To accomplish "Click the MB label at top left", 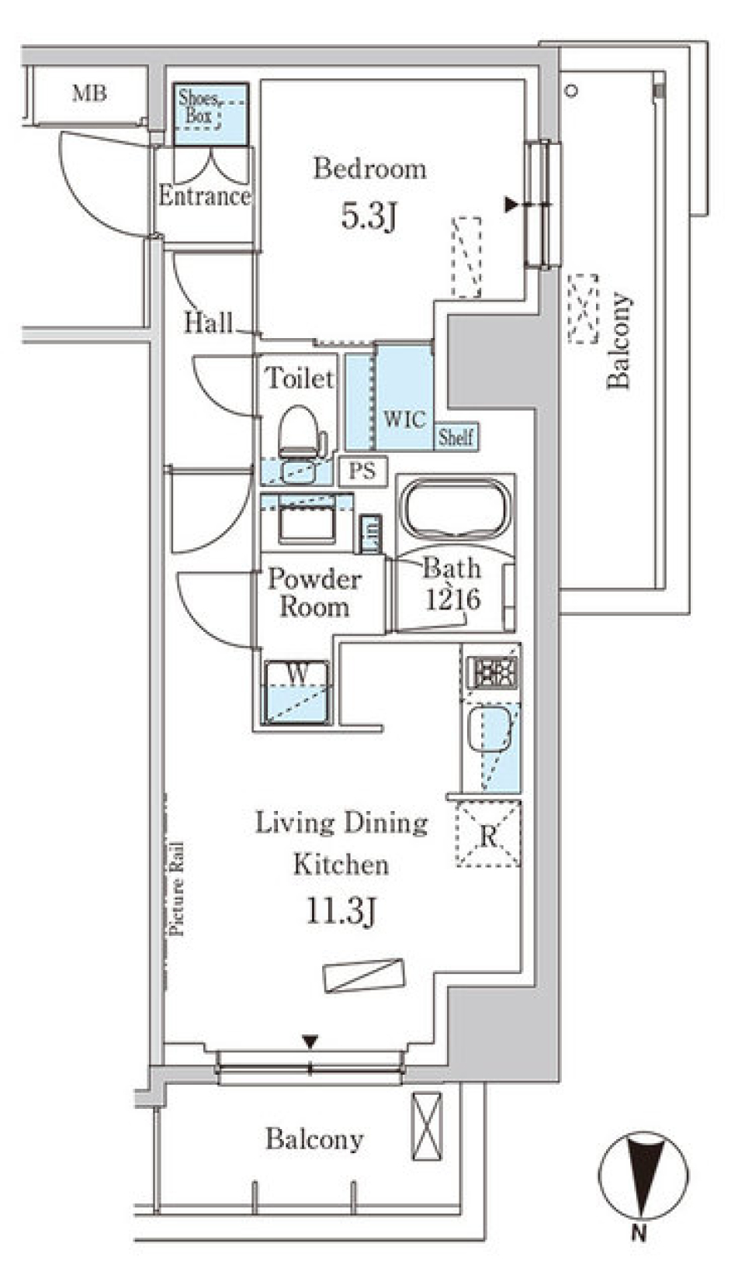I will (89, 93).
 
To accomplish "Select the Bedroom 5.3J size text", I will (369, 216).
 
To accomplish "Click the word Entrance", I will (205, 195).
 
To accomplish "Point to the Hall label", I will (208, 323).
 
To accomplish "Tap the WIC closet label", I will (404, 420).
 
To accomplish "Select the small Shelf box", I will (456, 437).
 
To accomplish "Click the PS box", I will (362, 471).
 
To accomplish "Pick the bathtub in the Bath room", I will (455, 508).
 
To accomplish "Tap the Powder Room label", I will (314, 592).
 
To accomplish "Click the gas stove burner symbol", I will (492, 672).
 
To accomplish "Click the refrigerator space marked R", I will (488, 836).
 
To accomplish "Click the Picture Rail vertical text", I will (177, 887).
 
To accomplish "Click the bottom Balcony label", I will (314, 1138).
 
